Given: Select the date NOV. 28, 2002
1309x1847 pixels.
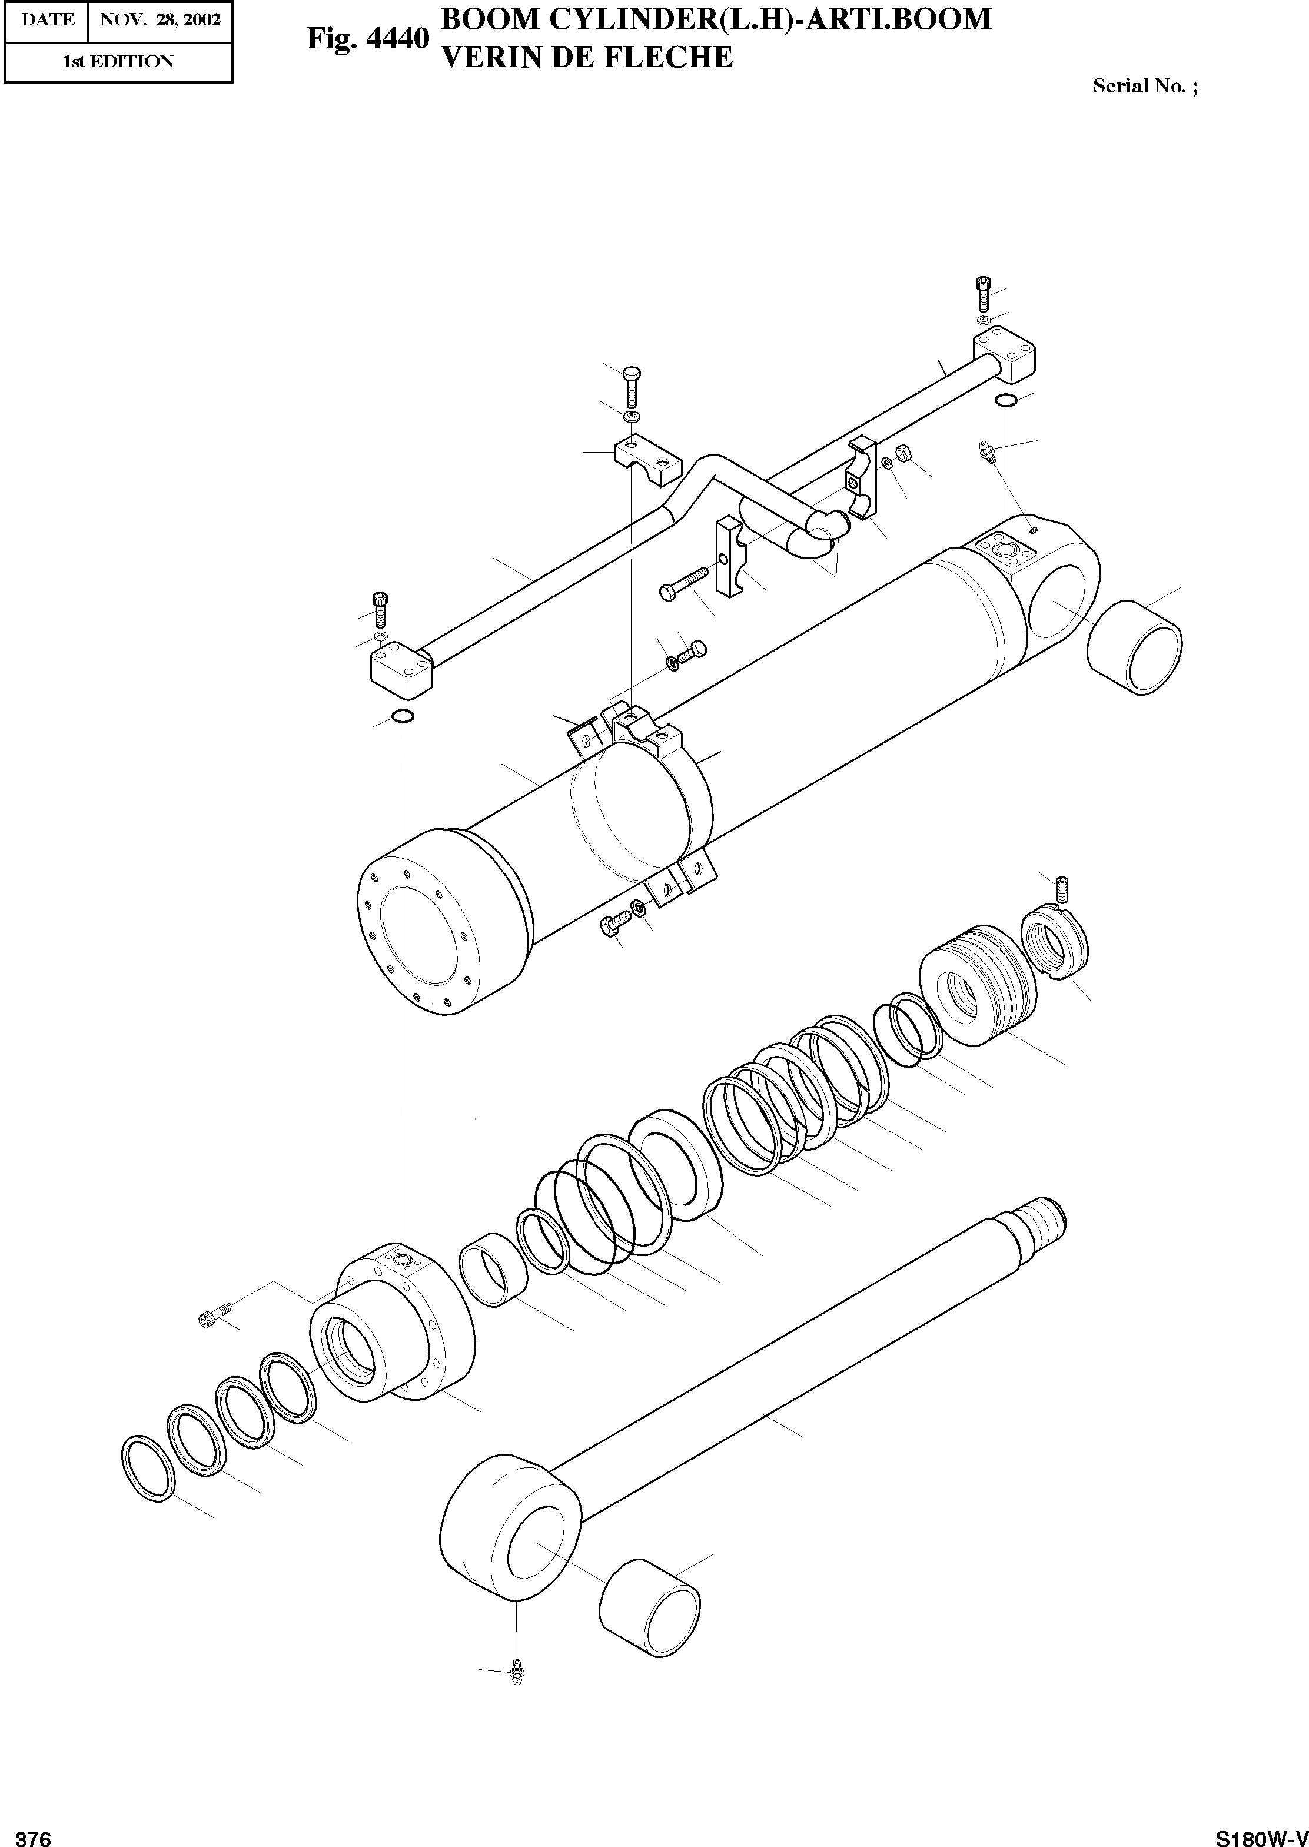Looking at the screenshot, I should point(160,20).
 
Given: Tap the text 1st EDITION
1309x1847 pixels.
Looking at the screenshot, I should point(118,61).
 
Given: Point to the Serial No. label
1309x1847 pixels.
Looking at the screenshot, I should point(1145,86).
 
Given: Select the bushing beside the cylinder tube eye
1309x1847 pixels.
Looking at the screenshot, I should point(1135,647).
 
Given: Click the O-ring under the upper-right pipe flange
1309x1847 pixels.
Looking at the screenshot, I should point(1005,400).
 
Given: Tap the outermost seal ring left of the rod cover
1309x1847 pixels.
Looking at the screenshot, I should point(148,1467).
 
